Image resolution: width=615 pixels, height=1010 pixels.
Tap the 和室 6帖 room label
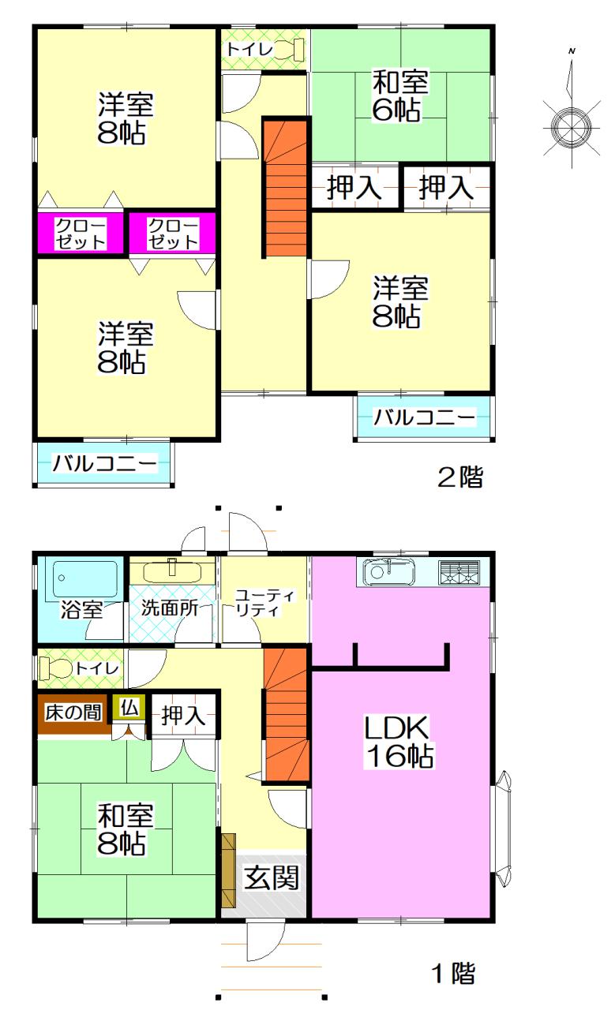pos(401,95)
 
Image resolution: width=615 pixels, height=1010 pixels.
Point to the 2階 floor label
pos(460,477)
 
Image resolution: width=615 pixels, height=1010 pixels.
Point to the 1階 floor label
pos(453,974)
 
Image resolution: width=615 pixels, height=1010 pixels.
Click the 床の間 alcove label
pos(73,713)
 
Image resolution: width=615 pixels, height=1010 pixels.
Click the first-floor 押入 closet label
pos(184,716)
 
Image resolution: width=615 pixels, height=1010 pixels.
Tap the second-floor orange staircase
pos(284,188)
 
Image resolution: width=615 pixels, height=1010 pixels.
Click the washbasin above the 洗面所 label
pos(173,570)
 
